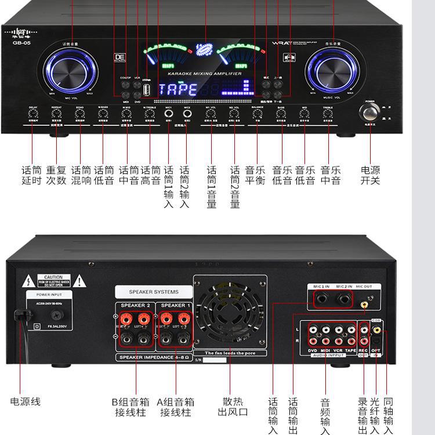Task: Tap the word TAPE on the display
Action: click(x=177, y=89)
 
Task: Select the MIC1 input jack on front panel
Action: click(x=169, y=115)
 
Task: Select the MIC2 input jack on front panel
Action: click(x=187, y=115)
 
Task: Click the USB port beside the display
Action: click(x=147, y=89)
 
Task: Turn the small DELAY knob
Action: click(x=32, y=114)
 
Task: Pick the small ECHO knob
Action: click(x=79, y=114)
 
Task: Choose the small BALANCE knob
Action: click(x=258, y=114)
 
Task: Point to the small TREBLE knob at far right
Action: click(x=328, y=114)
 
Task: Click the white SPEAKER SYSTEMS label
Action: click(x=154, y=292)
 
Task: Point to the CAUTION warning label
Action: click(x=53, y=281)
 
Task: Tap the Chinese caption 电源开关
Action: click(x=370, y=175)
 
